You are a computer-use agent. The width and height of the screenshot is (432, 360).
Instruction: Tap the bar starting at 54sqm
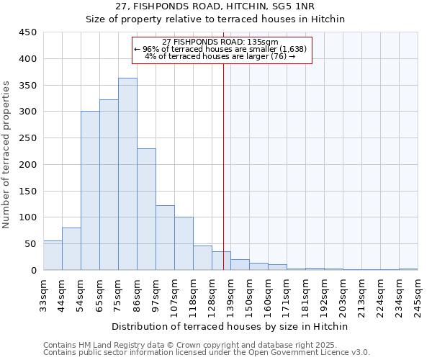[x=90, y=191]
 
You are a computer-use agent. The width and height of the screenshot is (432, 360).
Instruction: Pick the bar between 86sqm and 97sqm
[x=146, y=210]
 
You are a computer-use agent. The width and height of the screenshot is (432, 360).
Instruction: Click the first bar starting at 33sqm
[x=53, y=256]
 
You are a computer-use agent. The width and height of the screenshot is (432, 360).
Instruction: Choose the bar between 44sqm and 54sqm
[x=71, y=249]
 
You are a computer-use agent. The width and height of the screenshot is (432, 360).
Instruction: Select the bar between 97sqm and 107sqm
[x=165, y=238]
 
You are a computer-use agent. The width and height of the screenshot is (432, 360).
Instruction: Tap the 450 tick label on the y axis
[x=28, y=32]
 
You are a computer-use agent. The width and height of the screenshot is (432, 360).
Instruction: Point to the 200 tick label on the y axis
[x=28, y=165]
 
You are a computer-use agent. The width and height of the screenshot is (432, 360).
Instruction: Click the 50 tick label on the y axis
[x=31, y=244]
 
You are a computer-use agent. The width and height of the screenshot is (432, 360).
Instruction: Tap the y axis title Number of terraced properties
[x=6, y=155]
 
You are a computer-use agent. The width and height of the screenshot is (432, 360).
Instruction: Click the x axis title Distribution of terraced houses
[x=231, y=326]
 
